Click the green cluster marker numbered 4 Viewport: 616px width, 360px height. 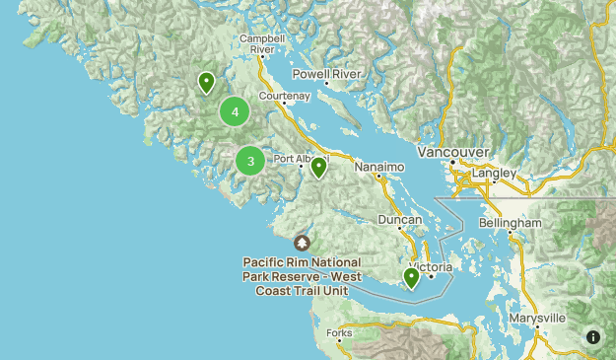point(235,111)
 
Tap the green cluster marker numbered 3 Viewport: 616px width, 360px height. point(250,160)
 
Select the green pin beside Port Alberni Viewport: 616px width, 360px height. point(318,168)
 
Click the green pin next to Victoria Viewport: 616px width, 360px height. point(411,278)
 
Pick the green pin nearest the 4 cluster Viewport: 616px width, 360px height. point(206,83)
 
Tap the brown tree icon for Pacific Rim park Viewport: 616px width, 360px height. point(302,243)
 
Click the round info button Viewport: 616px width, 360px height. point(593,337)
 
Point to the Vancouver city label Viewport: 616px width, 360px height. point(453,153)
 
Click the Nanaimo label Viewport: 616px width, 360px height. point(380,168)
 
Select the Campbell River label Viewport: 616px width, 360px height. point(262,43)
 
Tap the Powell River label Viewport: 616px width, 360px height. point(327,74)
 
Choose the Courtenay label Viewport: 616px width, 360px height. point(284,96)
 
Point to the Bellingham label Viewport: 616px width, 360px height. point(510,224)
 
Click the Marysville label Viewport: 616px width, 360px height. point(537,319)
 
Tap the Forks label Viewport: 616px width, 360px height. point(339,333)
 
